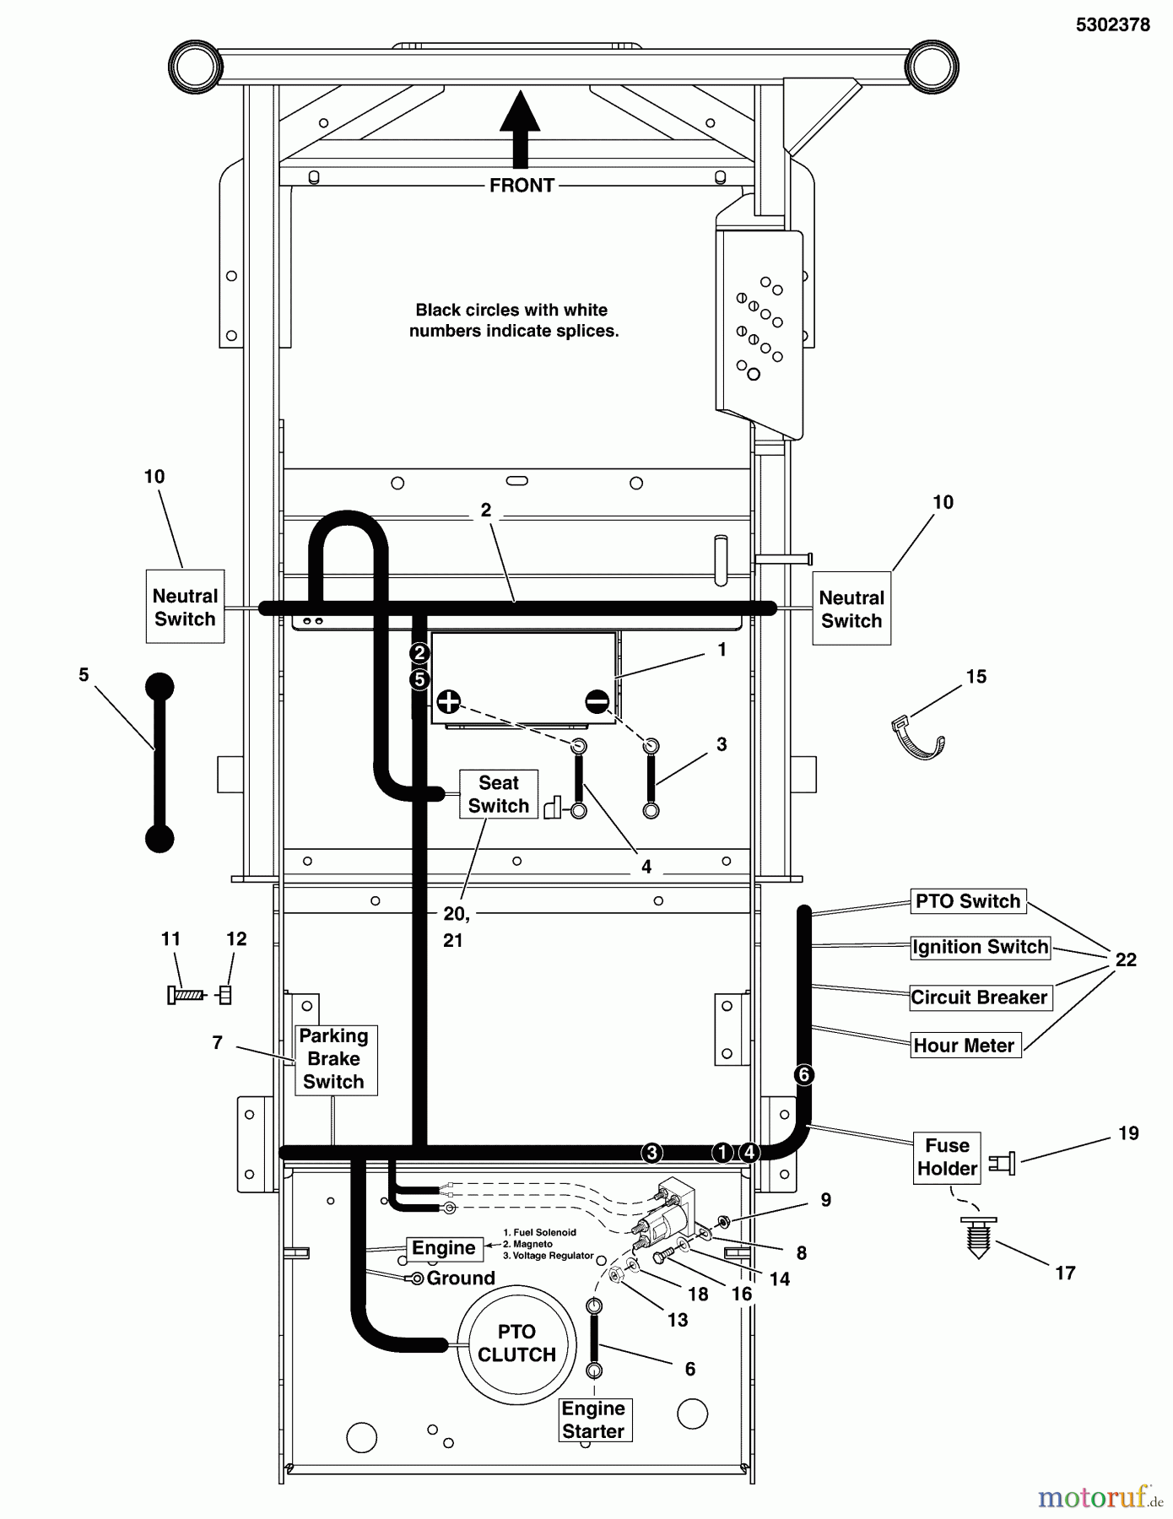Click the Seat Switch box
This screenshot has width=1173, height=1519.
[498, 794]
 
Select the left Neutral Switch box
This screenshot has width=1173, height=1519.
[185, 607]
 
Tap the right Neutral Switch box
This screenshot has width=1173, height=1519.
[851, 608]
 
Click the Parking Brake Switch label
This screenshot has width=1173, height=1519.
[334, 1059]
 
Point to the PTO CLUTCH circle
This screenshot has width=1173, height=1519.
[516, 1343]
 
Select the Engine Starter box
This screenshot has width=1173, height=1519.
[593, 1419]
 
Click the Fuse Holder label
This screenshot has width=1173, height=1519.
[947, 1157]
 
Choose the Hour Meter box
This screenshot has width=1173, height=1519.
[964, 1046]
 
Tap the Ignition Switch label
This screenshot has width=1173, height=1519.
[980, 947]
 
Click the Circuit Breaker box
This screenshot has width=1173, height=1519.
[979, 997]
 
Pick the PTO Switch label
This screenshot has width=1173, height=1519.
[967, 901]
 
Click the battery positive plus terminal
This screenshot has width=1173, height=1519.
[449, 701]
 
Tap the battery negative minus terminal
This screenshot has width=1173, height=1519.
[597, 701]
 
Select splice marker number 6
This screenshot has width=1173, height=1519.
[803, 1074]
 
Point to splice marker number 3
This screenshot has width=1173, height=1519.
[651, 1153]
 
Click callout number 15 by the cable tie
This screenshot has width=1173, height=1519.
[976, 677]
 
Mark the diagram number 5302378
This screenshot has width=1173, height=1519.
[1112, 25]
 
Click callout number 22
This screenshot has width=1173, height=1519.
[1126, 960]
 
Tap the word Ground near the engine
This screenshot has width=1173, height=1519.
[461, 1278]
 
